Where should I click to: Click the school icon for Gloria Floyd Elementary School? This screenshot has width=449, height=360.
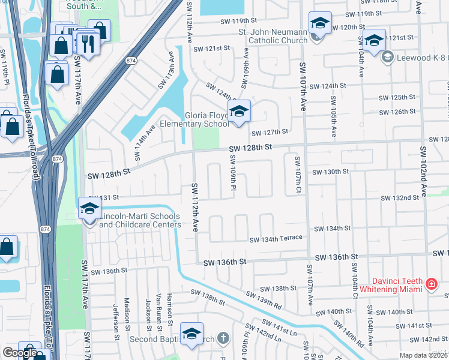(239, 112)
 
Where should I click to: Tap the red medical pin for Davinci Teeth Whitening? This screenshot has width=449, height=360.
(431, 283)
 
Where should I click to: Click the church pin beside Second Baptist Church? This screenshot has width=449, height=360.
(223, 338)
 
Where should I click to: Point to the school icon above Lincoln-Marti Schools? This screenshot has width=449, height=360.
(89, 209)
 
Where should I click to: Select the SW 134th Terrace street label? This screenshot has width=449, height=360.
(276, 239)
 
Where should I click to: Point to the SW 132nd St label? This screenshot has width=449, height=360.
(400, 197)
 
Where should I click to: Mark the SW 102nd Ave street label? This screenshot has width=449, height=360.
(423, 171)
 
